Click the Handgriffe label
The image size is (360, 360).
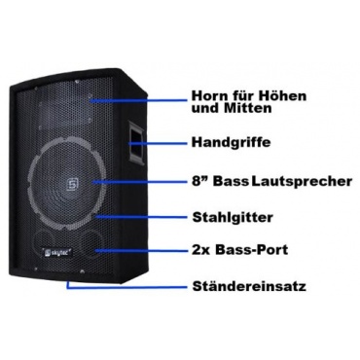coord(231,142)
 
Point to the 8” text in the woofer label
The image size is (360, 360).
coord(200,181)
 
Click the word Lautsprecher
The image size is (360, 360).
coord(302,181)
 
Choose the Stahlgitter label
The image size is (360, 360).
coord(233,217)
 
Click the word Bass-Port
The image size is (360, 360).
coord(252,250)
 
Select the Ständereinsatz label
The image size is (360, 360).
coord(249,287)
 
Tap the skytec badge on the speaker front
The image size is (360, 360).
coord(57,252)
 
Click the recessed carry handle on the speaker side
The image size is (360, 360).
coord(135,142)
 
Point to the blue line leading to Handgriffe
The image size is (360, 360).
coord(159,143)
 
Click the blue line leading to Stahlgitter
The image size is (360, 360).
coord(141,217)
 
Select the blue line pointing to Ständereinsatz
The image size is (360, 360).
coord(126,287)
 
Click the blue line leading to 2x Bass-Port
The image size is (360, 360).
coord(141,250)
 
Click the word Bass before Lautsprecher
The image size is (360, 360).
coord(231,181)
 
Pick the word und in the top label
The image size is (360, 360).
coord(203,108)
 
